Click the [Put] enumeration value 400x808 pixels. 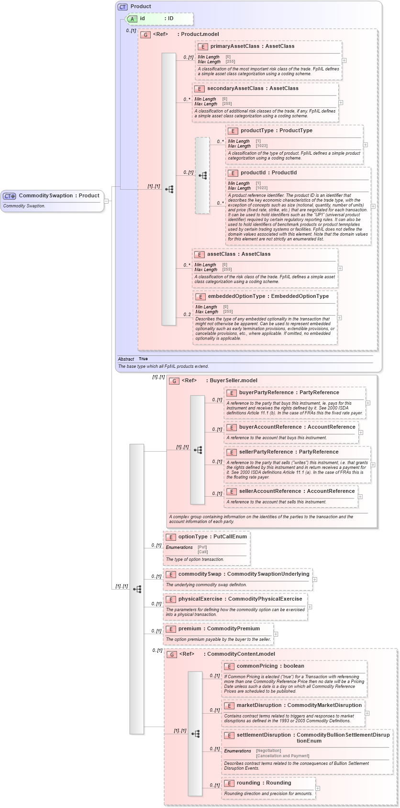pyautogui.click(x=202, y=547)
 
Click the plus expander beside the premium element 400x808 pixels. pyautogui.click(x=276, y=634)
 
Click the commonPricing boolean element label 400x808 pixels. pyautogui.click(x=270, y=666)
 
